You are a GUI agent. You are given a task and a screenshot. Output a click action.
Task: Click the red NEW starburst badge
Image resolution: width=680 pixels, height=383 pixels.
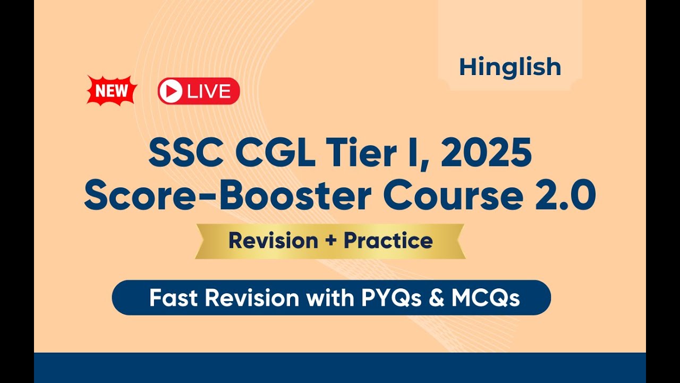click(x=112, y=90)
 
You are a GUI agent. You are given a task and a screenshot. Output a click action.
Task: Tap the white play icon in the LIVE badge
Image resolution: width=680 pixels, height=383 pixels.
click(x=171, y=91)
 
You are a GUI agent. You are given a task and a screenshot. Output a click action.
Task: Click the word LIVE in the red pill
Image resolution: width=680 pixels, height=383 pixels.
click(x=209, y=91)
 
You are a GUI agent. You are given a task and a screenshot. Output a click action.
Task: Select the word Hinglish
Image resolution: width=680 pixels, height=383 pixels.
click(x=510, y=68)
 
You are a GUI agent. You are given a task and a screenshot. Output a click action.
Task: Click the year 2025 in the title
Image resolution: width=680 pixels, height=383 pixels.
click(x=486, y=152)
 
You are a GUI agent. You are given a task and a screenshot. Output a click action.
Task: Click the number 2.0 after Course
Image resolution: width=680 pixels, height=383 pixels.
click(x=565, y=195)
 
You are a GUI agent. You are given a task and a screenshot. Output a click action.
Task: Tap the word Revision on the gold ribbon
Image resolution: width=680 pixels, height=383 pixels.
click(x=273, y=240)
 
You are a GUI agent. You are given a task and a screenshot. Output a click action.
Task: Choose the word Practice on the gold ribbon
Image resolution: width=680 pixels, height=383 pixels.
click(x=388, y=240)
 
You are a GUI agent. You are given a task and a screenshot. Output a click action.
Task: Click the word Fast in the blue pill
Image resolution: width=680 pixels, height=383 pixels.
click(x=173, y=298)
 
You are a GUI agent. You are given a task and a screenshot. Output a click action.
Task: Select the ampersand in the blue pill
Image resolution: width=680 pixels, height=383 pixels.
click(x=437, y=298)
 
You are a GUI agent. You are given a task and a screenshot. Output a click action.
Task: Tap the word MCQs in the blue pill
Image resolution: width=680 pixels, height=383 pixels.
click(x=486, y=298)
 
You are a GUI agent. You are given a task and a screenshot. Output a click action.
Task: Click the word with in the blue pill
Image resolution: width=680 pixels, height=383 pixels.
click(x=330, y=298)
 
